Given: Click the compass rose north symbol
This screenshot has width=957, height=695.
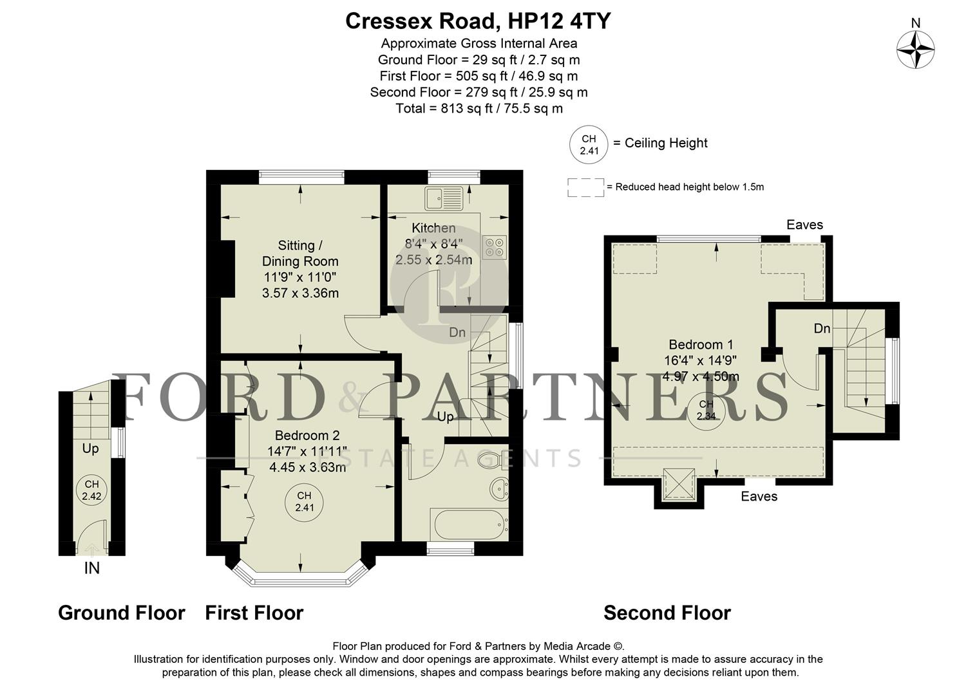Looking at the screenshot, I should tap(915, 50).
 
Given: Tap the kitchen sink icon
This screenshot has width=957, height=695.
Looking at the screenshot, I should tap(442, 198).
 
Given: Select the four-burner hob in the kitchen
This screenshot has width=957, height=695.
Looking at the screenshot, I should tap(495, 247).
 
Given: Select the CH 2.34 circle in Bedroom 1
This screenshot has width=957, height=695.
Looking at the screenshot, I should tap(706, 410).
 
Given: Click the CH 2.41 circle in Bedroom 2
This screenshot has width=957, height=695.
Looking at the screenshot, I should tap(304, 501).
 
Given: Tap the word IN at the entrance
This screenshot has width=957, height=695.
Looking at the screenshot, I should tap(92, 569).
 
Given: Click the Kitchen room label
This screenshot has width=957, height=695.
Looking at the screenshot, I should tap(433, 228).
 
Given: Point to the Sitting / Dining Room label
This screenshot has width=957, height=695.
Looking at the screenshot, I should tap(299, 253).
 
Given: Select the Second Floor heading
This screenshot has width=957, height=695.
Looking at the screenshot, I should tap(667, 613).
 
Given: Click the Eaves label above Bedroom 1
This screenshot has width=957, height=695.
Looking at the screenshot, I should tap(804, 225).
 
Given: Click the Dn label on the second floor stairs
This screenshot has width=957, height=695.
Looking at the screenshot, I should tap(822, 329).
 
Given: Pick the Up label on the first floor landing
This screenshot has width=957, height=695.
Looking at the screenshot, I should tap(445, 417).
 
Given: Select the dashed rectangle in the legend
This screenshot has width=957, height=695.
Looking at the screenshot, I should tap(585, 187).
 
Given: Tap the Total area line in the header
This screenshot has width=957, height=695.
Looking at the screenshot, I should tap(478, 108).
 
